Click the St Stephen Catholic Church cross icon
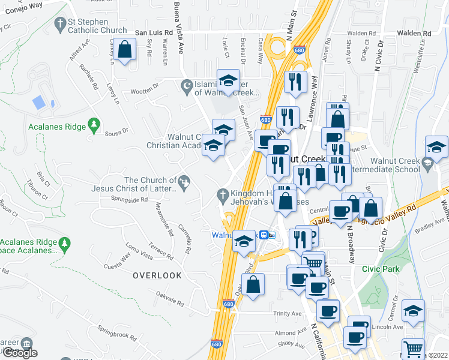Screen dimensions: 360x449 tap(59, 24)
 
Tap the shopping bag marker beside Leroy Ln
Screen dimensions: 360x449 tap(125, 50)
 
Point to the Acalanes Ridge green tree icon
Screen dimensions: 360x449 tap(93, 124)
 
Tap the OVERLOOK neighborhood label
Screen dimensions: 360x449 tap(157, 275)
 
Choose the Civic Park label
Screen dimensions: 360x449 tap(381, 269)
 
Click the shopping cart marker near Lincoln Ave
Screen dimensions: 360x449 tap(413, 349)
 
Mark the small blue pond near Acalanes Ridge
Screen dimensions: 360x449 tap(38, 102)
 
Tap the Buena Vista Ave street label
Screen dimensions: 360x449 tap(177, 27)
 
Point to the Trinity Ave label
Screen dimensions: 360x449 tap(287, 314)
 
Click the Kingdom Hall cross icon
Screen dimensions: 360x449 tap(222, 194)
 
